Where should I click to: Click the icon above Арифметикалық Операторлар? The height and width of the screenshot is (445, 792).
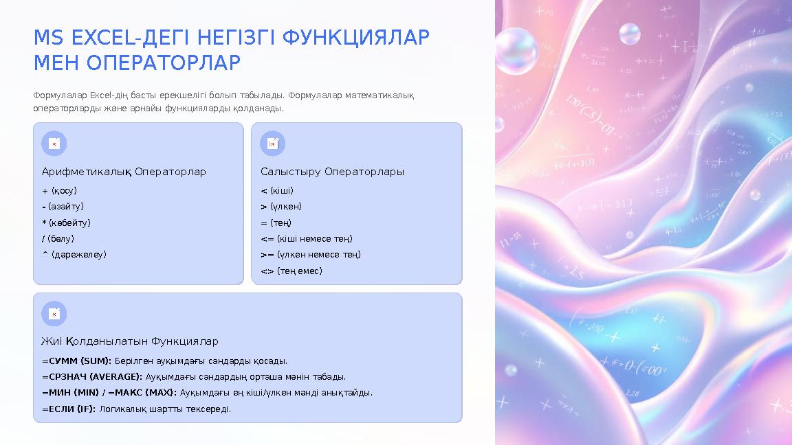(54, 144)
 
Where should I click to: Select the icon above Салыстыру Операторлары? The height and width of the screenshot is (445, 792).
(273, 144)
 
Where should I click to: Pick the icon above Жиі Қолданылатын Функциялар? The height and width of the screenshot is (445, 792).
(54, 314)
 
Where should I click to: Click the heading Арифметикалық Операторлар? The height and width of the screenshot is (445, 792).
(124, 172)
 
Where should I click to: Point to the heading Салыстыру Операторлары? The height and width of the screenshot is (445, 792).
(332, 172)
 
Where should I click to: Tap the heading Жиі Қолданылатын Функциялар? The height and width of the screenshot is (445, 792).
(130, 341)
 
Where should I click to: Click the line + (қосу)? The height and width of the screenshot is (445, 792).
(60, 191)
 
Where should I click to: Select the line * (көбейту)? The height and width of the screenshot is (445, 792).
(67, 223)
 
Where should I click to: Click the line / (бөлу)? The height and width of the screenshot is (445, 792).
(58, 238)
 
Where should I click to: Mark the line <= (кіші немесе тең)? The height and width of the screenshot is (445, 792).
(307, 238)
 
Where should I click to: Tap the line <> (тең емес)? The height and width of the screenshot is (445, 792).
(291, 271)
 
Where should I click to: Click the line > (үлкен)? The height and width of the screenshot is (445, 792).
(281, 207)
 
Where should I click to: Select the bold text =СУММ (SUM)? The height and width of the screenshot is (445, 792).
(77, 361)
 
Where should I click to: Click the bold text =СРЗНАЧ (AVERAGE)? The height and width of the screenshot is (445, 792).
(92, 377)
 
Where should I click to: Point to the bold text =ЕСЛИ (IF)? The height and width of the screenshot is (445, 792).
(69, 409)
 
